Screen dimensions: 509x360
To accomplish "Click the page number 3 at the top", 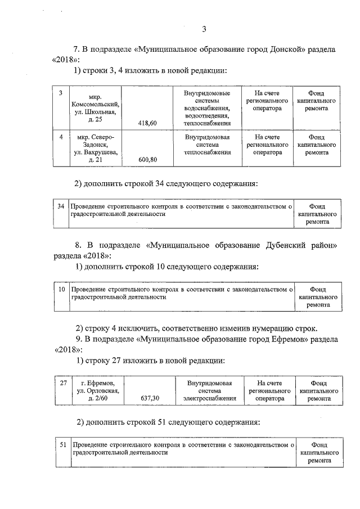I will [x=205, y=29].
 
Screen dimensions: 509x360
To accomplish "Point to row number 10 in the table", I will [x=62, y=289].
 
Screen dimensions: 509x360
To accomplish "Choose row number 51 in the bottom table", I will [x=62, y=444].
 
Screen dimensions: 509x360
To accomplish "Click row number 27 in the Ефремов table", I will [x=64, y=383].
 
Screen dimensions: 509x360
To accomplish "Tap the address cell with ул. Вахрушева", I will [x=95, y=148].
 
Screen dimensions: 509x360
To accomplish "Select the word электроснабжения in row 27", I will [x=208, y=398].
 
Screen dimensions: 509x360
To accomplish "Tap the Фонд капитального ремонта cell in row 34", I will [x=318, y=214].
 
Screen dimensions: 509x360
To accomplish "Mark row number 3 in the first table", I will [x=60, y=92].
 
